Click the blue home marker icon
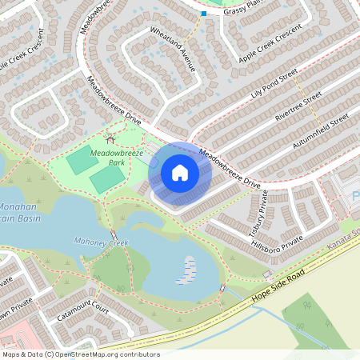point(179,172)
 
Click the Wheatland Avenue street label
point(173,50)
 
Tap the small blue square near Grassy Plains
point(204,14)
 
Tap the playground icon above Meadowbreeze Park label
point(110,141)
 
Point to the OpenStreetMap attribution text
point(81,354)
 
